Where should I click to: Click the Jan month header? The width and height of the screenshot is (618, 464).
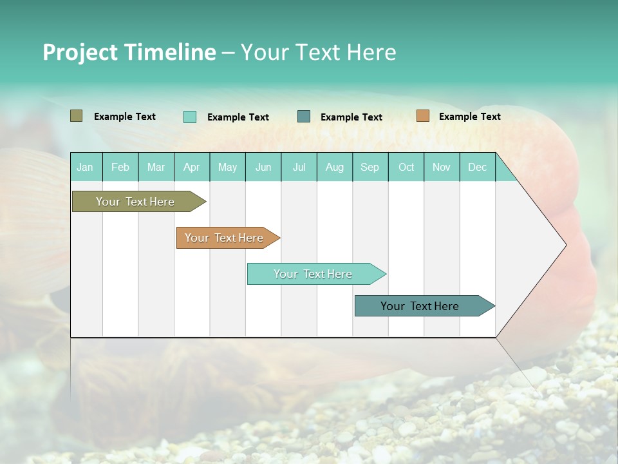point(86,167)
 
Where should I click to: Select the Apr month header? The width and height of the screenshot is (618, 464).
point(192,167)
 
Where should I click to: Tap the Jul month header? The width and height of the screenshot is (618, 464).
point(299,167)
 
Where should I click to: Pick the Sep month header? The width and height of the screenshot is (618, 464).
point(370,167)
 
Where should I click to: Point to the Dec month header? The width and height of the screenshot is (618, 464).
point(477,167)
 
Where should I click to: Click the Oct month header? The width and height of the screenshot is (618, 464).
point(406,167)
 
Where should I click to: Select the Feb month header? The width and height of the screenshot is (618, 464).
point(120,167)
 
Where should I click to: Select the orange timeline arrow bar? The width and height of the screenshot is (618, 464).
point(225,238)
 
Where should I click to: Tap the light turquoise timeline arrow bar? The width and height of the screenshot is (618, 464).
point(314,274)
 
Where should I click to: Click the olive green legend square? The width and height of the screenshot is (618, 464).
point(76,116)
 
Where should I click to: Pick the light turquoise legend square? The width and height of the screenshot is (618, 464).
point(189,117)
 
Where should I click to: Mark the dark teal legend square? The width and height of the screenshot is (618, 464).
point(304,117)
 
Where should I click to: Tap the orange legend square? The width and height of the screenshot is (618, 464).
point(422,116)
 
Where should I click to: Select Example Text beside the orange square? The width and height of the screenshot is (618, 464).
point(469,117)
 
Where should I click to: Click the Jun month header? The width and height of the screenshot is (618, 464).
point(263,167)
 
